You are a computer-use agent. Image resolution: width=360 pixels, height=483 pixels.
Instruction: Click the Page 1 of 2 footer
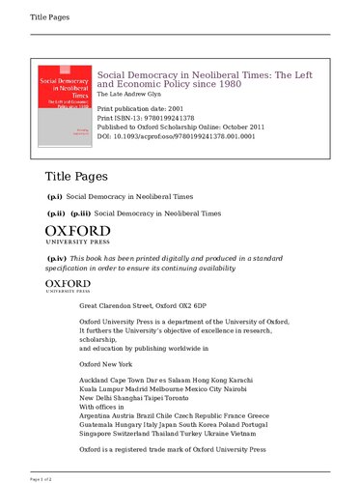click(x=17, y=478)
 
